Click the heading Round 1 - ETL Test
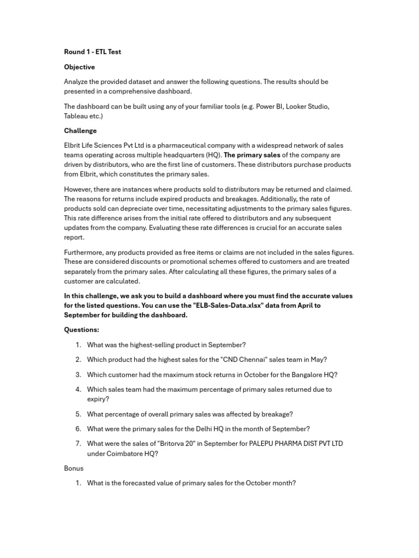[x=93, y=52]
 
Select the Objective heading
[x=79, y=67]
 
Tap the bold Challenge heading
[x=80, y=131]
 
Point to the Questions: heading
[x=82, y=330]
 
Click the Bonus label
[x=74, y=468]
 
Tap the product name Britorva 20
[x=175, y=444]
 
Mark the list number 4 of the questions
[x=79, y=390]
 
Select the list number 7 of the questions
[x=79, y=444]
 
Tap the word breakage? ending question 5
[x=276, y=414]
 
